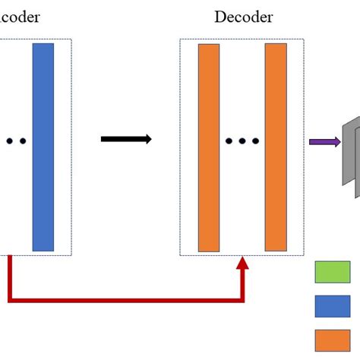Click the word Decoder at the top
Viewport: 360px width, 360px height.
(x=243, y=17)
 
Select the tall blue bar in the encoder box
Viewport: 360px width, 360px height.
(x=43, y=147)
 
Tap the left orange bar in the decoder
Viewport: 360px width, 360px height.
(x=209, y=147)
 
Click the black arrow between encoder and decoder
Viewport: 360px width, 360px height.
(x=126, y=138)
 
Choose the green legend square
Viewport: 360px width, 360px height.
(x=333, y=272)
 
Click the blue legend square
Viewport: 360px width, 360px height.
(x=333, y=305)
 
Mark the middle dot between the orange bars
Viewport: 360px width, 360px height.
(x=242, y=141)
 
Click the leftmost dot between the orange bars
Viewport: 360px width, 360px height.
(x=229, y=141)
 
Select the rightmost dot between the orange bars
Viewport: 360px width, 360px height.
(x=256, y=141)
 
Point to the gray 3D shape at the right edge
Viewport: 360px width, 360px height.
(x=350, y=152)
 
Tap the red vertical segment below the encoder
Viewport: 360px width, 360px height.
(x=11, y=278)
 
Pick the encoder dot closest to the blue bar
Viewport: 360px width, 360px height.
(x=23, y=141)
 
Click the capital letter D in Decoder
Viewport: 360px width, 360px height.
(x=219, y=17)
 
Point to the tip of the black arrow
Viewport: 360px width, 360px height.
(x=150, y=138)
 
